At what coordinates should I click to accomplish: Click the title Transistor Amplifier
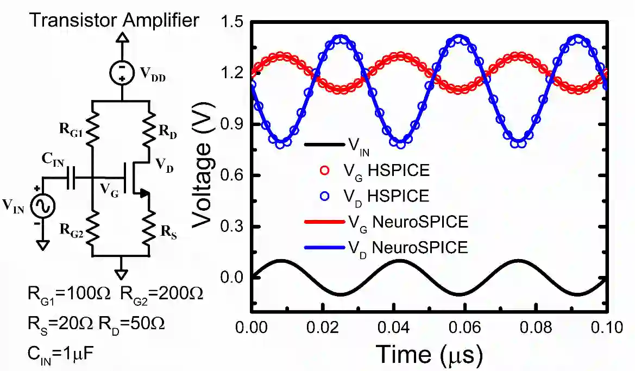114,21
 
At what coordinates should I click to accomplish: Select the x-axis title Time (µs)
429,355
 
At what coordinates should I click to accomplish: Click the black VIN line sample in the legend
324,145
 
